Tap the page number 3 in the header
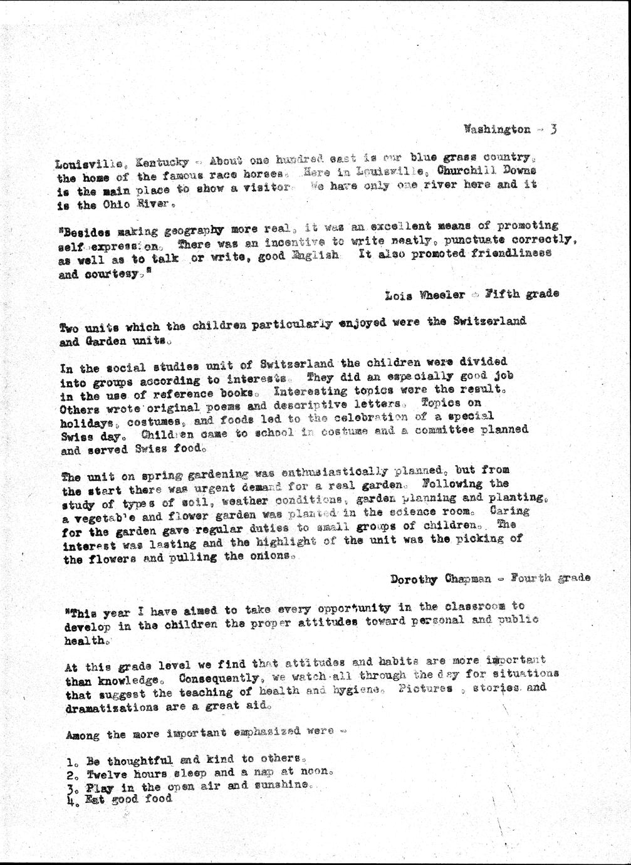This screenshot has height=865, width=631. point(553,129)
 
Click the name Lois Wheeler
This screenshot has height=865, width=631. point(425,294)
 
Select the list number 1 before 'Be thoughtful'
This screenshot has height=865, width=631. point(70,763)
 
